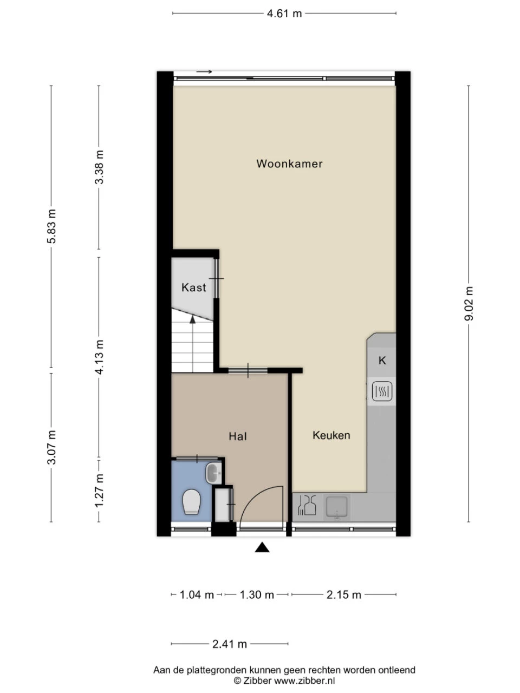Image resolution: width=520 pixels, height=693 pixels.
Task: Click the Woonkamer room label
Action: tap(289, 164)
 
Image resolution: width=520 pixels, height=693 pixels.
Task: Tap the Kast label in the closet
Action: tap(193, 287)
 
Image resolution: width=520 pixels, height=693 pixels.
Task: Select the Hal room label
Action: tap(238, 436)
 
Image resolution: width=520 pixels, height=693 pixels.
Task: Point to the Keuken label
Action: tap(331, 435)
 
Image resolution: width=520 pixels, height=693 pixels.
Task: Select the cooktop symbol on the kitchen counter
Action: tap(382, 391)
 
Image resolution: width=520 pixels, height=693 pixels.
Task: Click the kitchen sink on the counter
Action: tap(337, 507)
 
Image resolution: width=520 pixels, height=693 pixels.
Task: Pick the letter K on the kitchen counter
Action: tap(382, 361)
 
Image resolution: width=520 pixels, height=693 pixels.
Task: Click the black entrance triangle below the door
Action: tap(262, 548)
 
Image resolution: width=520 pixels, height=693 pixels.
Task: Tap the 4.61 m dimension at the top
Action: tap(284, 14)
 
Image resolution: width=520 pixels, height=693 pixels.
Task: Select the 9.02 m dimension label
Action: tap(469, 304)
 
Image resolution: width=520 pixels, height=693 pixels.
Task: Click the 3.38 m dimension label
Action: tap(99, 167)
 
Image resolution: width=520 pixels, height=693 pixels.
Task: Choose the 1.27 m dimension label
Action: tap(99, 491)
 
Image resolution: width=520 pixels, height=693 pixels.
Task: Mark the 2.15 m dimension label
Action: tap(343, 594)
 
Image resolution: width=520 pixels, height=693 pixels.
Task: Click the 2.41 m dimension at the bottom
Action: tap(229, 644)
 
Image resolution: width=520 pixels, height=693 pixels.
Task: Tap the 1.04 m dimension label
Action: tap(197, 594)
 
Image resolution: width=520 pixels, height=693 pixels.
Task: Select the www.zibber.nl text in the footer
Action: tap(304, 680)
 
